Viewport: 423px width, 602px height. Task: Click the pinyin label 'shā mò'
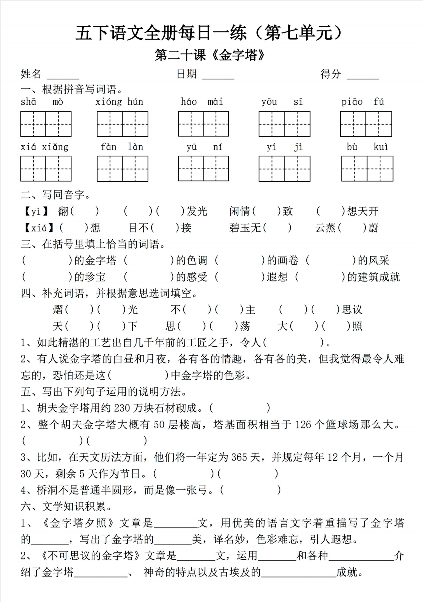(42, 102)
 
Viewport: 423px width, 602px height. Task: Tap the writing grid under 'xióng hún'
(122, 124)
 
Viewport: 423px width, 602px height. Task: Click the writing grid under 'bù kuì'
(367, 169)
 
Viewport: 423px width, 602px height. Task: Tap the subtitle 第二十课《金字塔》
(210, 55)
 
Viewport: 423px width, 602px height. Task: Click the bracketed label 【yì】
(36, 211)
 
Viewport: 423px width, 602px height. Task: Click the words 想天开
(363, 211)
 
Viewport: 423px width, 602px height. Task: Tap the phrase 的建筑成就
(373, 277)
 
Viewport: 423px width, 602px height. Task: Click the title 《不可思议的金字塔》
(91, 555)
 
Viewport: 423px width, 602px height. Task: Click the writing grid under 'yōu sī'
(284, 124)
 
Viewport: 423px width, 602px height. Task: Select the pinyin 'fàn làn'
(122, 147)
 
